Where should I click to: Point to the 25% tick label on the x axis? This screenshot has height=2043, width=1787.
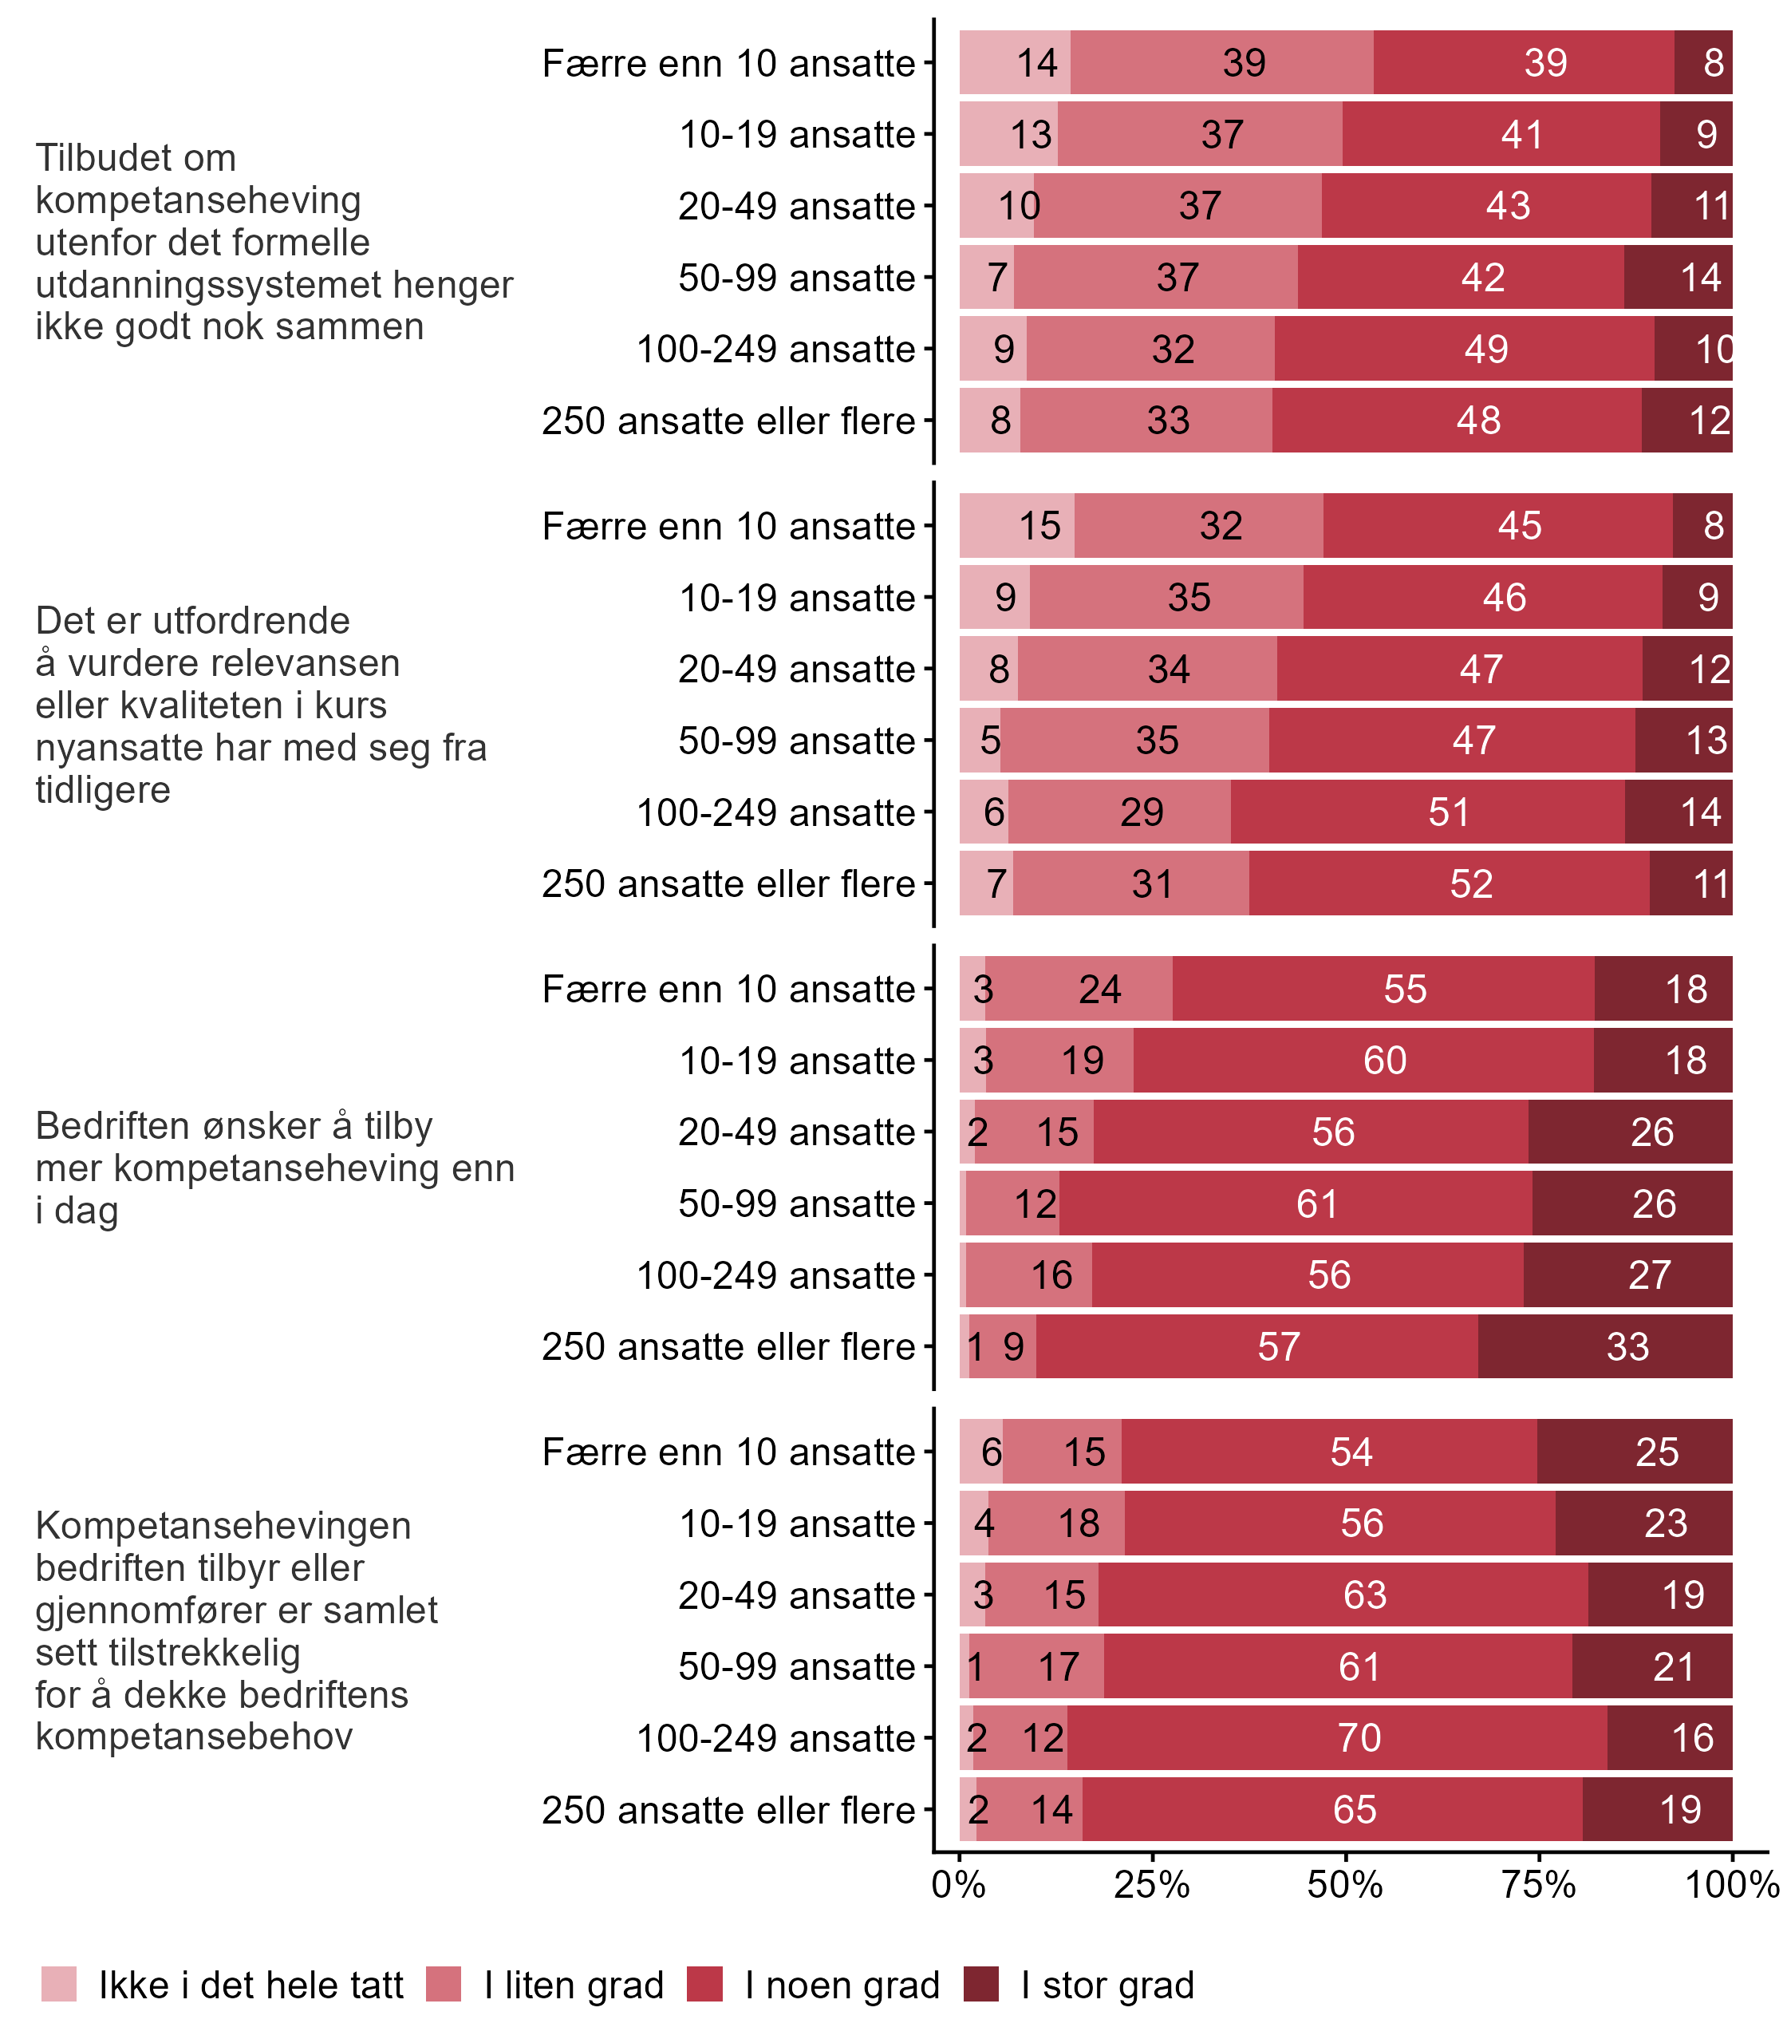click(x=1152, y=1884)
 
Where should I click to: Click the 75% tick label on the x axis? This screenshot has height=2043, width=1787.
click(x=1538, y=1884)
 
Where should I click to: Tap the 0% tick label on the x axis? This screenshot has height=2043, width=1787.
click(x=958, y=1884)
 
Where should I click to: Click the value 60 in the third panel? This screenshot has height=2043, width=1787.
click(x=1384, y=1061)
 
